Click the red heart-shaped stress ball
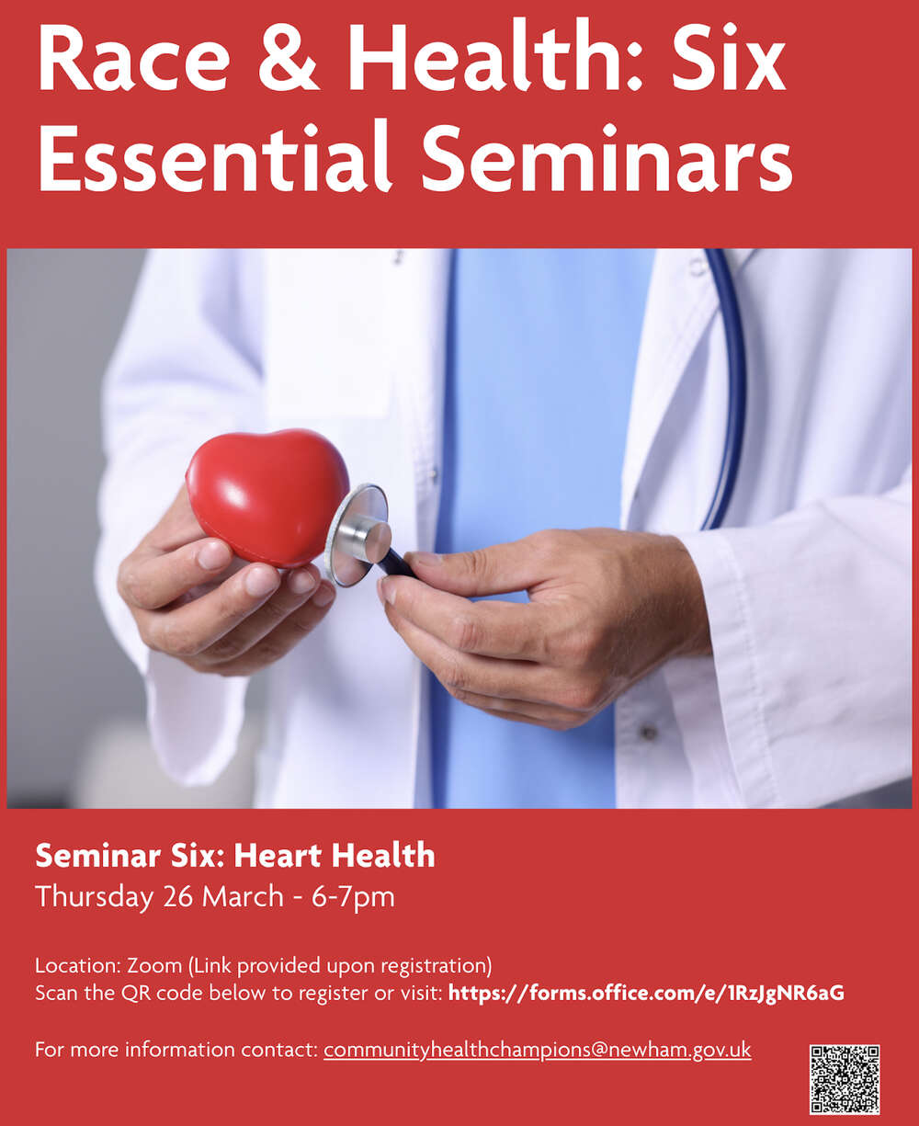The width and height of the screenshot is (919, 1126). tap(267, 496)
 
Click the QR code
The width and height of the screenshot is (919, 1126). tap(845, 1078)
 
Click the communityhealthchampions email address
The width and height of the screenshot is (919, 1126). tap(537, 1050)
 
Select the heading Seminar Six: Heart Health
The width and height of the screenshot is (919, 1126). tap(234, 856)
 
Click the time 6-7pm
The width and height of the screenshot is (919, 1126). tap(353, 896)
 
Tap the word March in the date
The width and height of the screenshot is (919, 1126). tap(242, 896)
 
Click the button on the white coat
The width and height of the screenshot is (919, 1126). tap(651, 733)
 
